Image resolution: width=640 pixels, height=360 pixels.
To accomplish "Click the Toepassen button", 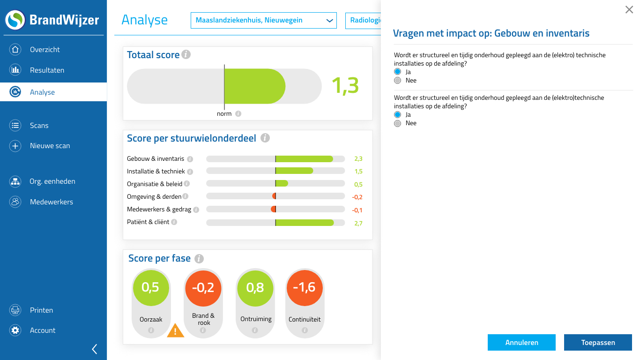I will [598, 343].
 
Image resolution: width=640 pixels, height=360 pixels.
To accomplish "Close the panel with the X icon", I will [629, 10].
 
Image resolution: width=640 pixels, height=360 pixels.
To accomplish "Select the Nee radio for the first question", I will [398, 81].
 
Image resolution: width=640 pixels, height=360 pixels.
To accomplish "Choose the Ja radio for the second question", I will [398, 115].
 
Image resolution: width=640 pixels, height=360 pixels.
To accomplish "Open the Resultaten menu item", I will [47, 70].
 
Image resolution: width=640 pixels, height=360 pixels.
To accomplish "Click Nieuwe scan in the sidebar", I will [50, 146].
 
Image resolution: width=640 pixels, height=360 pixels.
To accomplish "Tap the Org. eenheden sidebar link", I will [52, 181].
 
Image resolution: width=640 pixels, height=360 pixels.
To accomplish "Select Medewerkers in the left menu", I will [51, 202].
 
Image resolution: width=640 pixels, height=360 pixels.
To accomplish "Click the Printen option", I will [41, 310].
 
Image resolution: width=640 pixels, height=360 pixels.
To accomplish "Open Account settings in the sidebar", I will [42, 330].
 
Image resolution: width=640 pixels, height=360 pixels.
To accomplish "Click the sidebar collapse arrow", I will [95, 349].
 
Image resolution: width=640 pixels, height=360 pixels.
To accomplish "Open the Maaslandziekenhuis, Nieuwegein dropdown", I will [263, 21].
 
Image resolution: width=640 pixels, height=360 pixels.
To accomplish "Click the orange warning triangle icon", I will [176, 331].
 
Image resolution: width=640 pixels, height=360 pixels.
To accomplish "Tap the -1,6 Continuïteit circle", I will [305, 287].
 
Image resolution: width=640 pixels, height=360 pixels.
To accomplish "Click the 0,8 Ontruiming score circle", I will [255, 287].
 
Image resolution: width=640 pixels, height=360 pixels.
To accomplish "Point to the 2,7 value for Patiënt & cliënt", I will [358, 224].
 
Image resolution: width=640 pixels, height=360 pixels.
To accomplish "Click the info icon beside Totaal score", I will [186, 55].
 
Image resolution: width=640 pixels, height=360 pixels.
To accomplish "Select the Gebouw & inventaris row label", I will [156, 159].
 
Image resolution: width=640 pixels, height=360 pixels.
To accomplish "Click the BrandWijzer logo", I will [52, 20].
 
